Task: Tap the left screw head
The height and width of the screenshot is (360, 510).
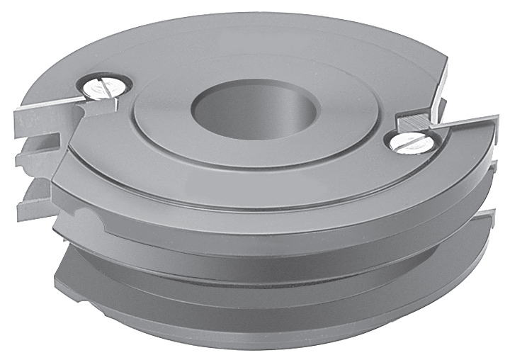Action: (104, 87)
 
